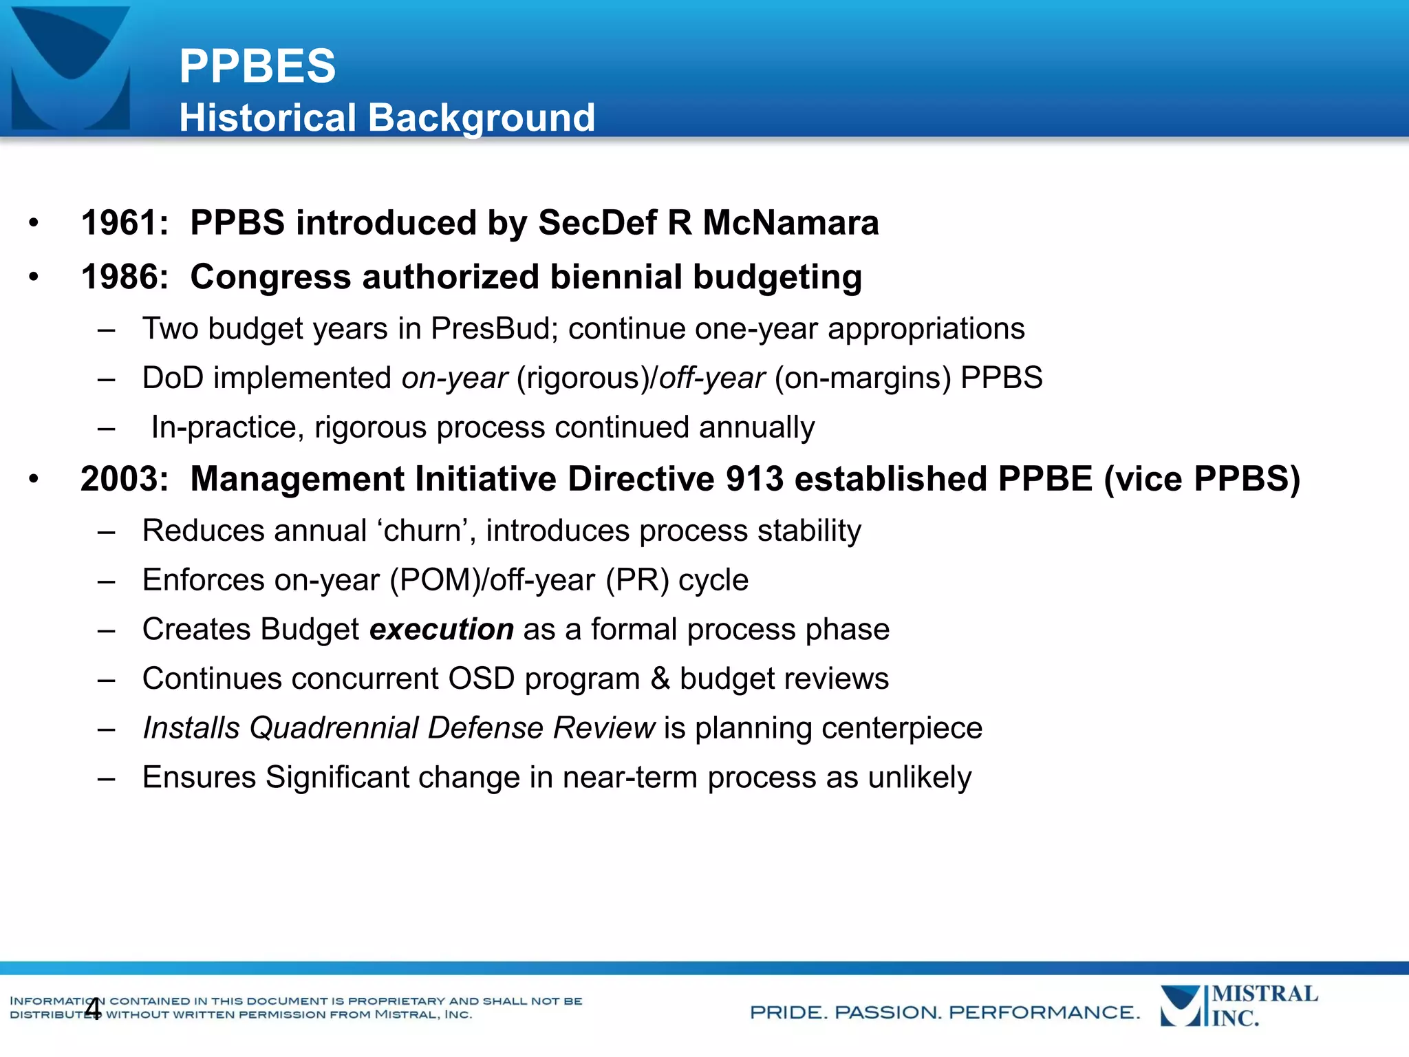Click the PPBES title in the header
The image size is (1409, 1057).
[257, 67]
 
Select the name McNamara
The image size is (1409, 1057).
[790, 223]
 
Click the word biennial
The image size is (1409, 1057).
[615, 277]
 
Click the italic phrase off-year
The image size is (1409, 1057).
[712, 378]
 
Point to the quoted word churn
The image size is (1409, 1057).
[422, 531]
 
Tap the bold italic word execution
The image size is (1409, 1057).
[441, 630]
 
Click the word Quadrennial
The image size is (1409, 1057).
[334, 728]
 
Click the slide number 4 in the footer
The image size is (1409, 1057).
[92, 1009]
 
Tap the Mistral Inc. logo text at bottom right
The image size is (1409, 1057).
[1264, 1006]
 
